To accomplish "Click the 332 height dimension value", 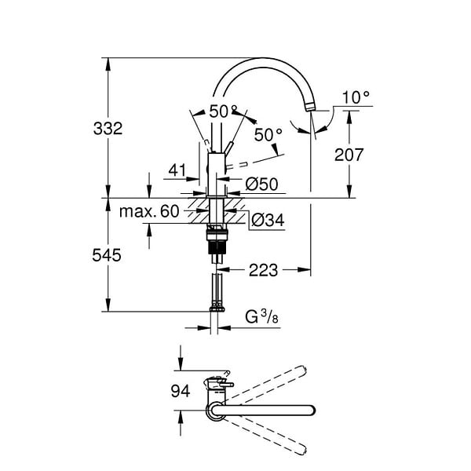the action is [x=108, y=129].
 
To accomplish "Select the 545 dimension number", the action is [x=107, y=256].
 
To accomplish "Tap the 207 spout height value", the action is [x=349, y=155].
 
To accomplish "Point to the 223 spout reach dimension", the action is [x=263, y=270].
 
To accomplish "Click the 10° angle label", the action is [x=356, y=97].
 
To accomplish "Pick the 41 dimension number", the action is [x=177, y=170].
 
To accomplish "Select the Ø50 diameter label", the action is [x=261, y=184].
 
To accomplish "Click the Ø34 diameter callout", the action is [x=268, y=221].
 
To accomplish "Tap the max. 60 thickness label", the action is [x=149, y=211].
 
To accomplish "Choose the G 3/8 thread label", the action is [x=261, y=317].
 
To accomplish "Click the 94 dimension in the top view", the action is [x=181, y=391].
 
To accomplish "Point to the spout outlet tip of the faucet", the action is [x=310, y=108].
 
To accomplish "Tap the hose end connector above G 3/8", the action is [x=217, y=309].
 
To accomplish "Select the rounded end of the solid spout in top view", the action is [x=311, y=411].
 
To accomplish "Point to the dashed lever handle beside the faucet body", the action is [x=237, y=165].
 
